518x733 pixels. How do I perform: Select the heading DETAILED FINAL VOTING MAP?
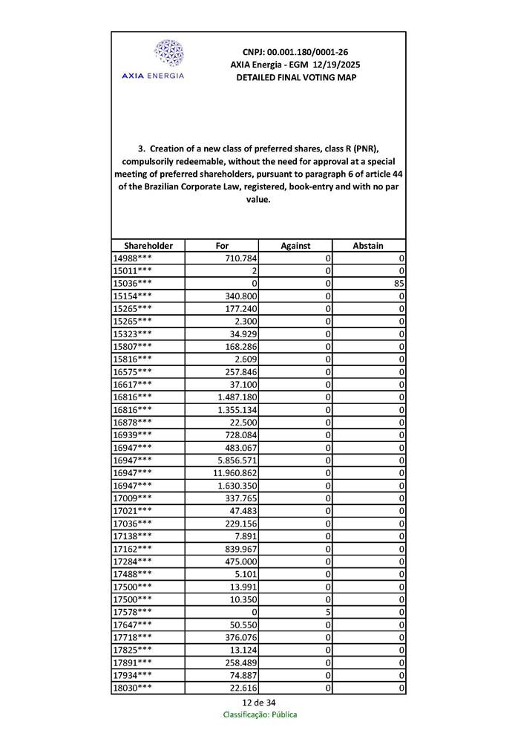[x=295, y=77]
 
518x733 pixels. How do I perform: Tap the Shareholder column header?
[x=148, y=245]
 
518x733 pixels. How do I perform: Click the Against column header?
[x=295, y=245]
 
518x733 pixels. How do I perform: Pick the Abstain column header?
[x=368, y=245]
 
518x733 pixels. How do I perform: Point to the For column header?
[x=222, y=245]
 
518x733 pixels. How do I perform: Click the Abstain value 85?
[x=399, y=283]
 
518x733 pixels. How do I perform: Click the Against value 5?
[x=327, y=612]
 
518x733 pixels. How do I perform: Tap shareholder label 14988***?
[x=133, y=258]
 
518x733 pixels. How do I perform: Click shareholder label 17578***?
[x=133, y=612]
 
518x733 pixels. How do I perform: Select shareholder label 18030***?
[x=133, y=688]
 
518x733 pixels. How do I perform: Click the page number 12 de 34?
[x=260, y=703]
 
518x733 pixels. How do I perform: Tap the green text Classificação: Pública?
[x=260, y=714]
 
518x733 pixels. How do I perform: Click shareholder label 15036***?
[x=133, y=283]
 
